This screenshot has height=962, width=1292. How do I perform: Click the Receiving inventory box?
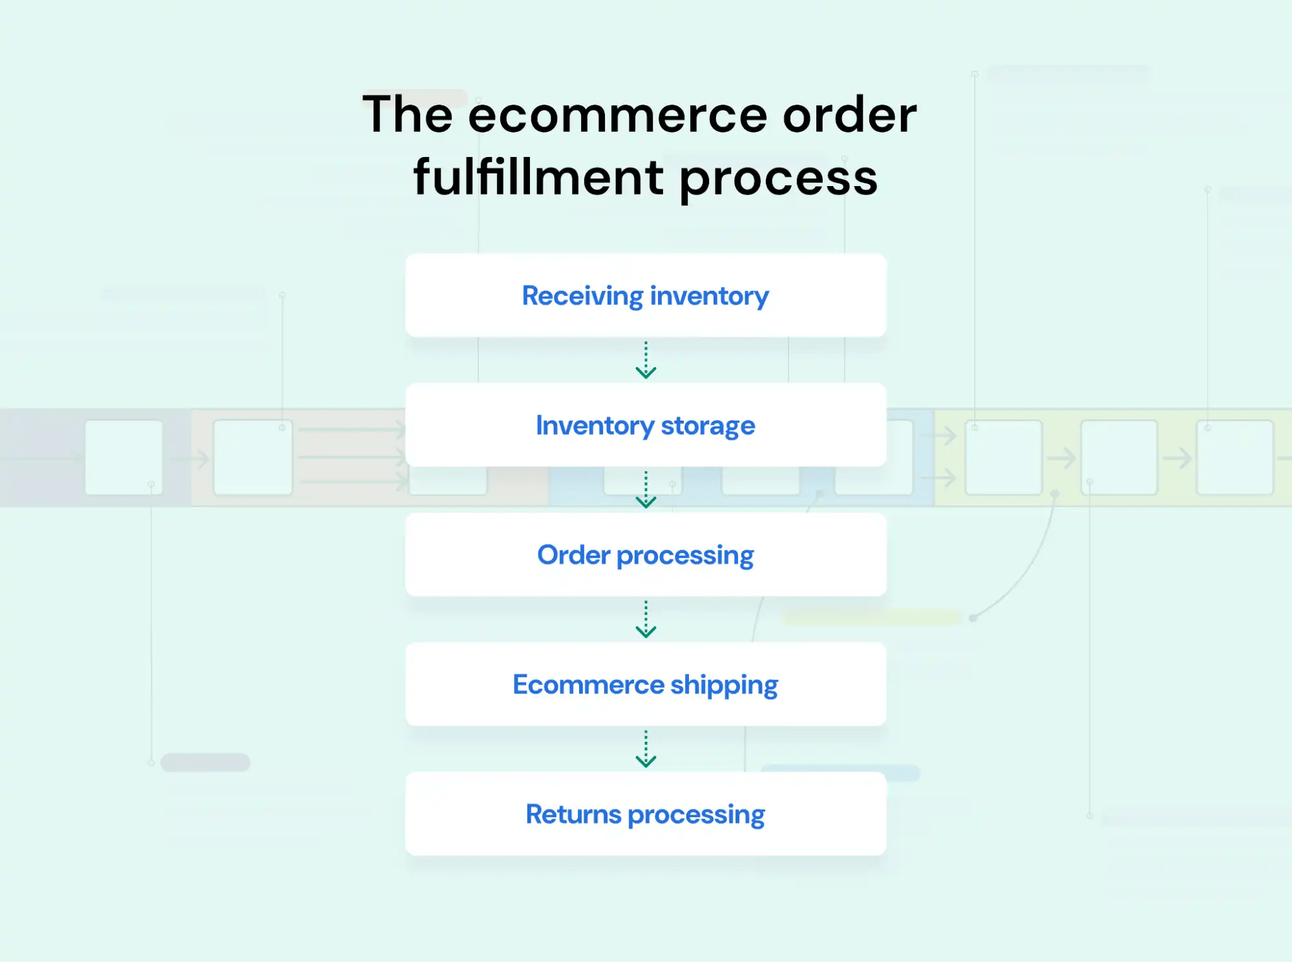click(646, 295)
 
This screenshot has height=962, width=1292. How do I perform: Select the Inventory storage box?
click(646, 425)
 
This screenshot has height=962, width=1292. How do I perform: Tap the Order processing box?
click(646, 554)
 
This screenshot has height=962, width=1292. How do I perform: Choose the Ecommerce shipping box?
click(646, 684)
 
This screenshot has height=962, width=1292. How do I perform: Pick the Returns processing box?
click(646, 814)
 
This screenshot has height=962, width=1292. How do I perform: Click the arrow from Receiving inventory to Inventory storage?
click(646, 360)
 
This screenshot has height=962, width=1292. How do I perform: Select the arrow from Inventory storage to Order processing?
click(646, 490)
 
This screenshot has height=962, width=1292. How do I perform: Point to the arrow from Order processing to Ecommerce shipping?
click(646, 619)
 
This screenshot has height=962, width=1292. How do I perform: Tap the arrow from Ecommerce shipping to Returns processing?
click(646, 749)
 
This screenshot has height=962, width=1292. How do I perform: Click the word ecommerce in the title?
click(617, 115)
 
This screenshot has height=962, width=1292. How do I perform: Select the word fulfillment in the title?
click(538, 178)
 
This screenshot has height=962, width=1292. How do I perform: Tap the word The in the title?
click(407, 115)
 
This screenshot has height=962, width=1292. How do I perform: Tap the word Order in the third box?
click(573, 554)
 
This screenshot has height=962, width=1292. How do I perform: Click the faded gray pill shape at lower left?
click(205, 762)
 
